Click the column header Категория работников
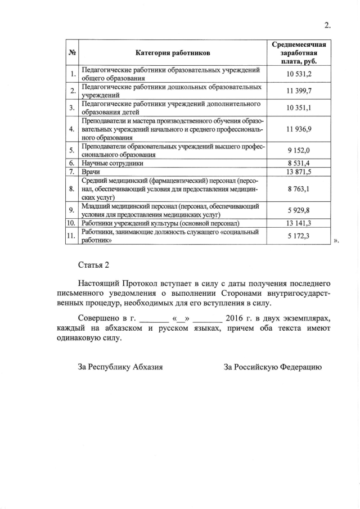pyautogui.click(x=173, y=53)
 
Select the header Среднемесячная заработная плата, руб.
pyautogui.click(x=299, y=53)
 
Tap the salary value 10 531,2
pyautogui.click(x=299, y=74)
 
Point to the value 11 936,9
pyautogui.click(x=299, y=129)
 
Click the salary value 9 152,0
pyautogui.click(x=299, y=150)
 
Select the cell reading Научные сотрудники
pyautogui.click(x=112, y=163)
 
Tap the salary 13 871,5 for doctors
pyautogui.click(x=299, y=171)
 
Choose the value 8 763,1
pyautogui.click(x=299, y=189)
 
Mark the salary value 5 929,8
pyautogui.click(x=299, y=210)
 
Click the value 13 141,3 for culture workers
pyautogui.click(x=299, y=223)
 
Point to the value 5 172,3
pyautogui.click(x=299, y=236)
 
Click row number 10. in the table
pyautogui.click(x=71, y=223)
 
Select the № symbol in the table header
pyautogui.click(x=72, y=53)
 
